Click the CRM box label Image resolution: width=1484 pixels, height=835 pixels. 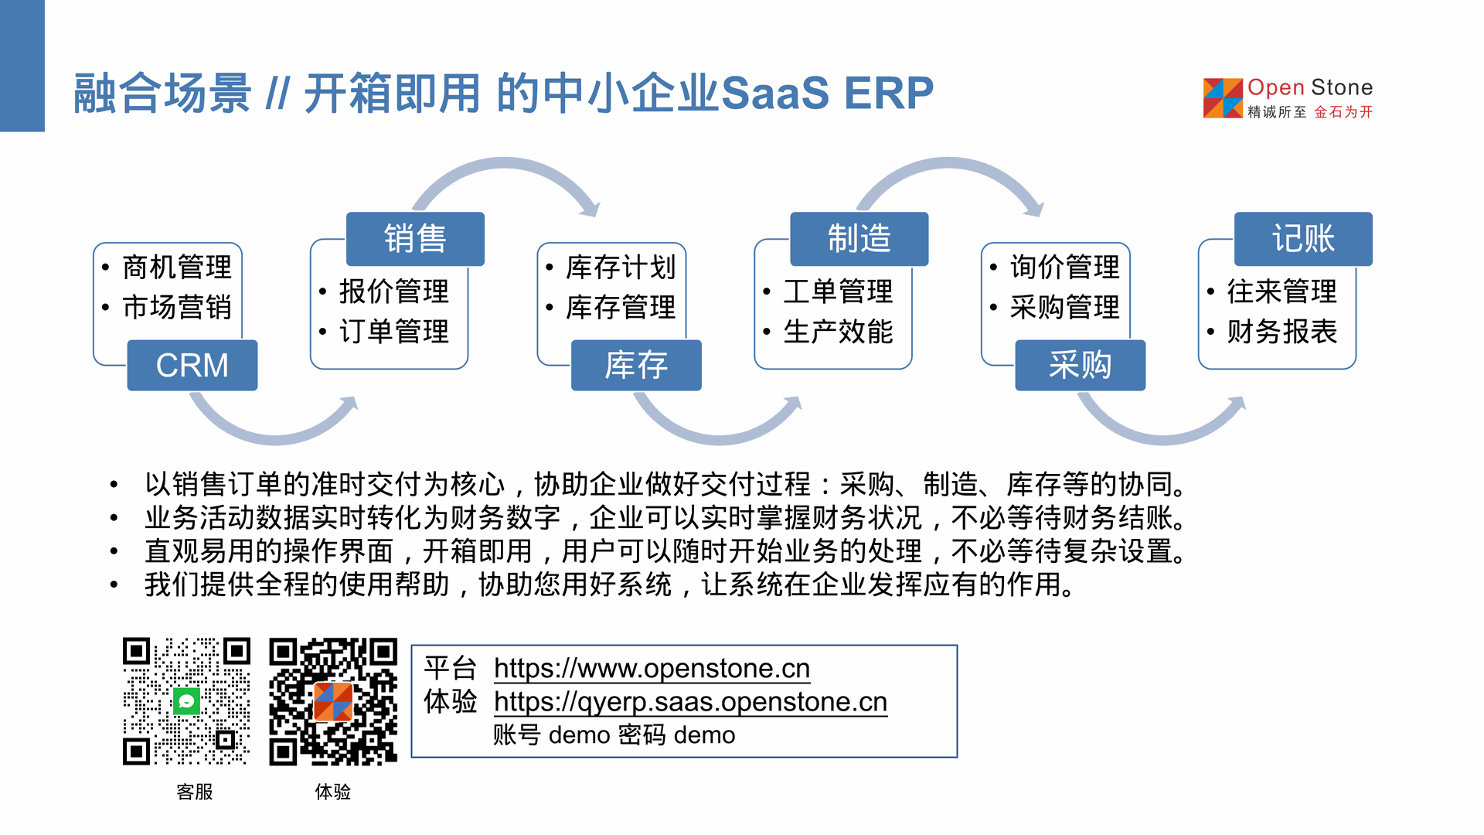point(192,365)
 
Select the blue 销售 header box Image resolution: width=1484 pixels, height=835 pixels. point(415,238)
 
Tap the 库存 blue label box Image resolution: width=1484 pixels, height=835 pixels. point(635,365)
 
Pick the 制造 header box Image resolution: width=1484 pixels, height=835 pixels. point(859,238)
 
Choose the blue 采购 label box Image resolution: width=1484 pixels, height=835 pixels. point(1080,365)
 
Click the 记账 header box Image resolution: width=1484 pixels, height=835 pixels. point(1303,238)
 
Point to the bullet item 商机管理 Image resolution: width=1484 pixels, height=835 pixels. point(177,268)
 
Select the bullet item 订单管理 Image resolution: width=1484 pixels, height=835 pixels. point(394,332)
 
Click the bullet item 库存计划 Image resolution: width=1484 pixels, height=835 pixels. point(621,268)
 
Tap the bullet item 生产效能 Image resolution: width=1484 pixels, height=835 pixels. point(838,332)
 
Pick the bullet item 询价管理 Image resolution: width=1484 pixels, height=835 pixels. point(1064,268)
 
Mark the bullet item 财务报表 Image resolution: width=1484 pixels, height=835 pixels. point(1281,332)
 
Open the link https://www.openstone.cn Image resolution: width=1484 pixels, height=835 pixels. point(652,668)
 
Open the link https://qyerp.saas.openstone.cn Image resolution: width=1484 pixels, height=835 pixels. point(690,702)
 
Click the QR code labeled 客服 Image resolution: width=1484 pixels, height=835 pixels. point(186,701)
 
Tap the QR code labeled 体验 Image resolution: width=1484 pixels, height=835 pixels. point(333,701)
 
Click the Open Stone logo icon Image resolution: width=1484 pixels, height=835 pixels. point(1223,98)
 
